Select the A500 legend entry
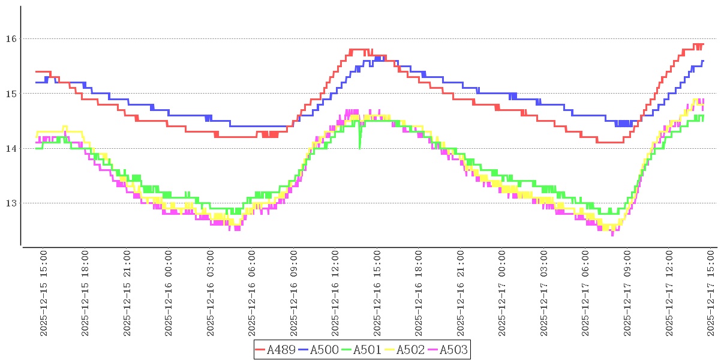pos(324,349)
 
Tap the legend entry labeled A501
pos(367,349)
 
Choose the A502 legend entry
pos(410,349)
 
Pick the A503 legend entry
pos(453,349)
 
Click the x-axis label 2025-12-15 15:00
pos(44,293)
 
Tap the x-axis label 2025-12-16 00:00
pos(169,293)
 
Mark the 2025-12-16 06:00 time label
pos(253,293)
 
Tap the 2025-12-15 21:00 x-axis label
pos(127,293)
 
